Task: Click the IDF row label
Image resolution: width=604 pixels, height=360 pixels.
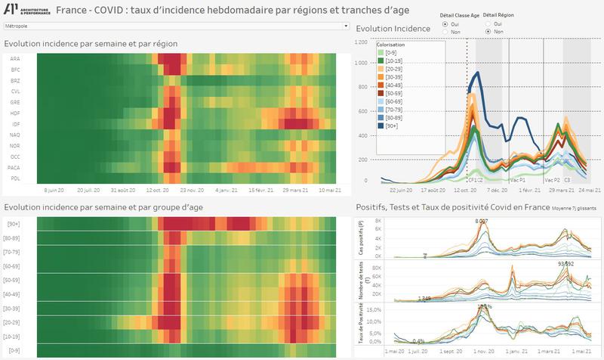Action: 15,123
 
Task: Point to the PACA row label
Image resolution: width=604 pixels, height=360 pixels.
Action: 14,167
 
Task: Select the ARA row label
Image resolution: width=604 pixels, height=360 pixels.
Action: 15,58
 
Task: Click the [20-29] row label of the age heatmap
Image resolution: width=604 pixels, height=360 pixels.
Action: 14,322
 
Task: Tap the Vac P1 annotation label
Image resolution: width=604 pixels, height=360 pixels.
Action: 518,181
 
